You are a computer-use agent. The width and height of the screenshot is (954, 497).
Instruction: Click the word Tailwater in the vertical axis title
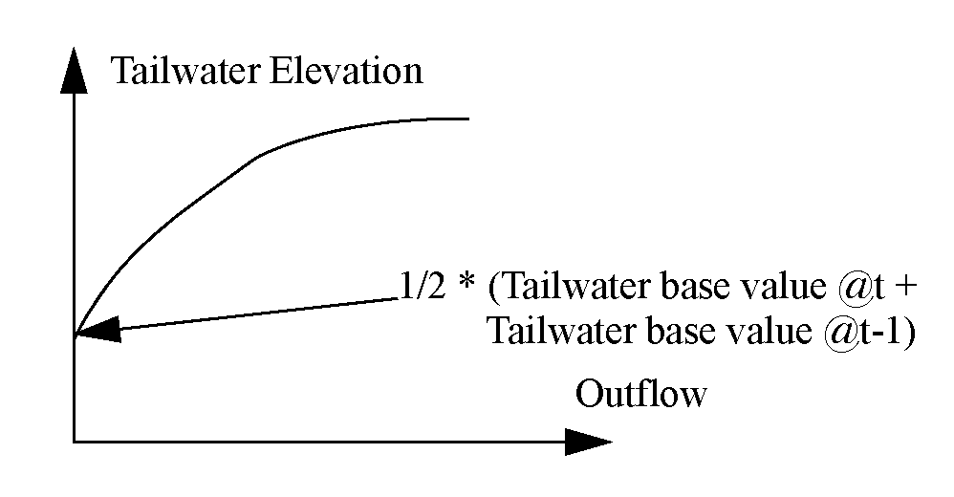point(184,72)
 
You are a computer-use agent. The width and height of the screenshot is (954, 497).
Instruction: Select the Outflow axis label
point(640,394)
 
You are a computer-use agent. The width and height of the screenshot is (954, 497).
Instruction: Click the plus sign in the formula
point(893,287)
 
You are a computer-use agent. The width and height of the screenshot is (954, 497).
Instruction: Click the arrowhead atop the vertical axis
point(73,72)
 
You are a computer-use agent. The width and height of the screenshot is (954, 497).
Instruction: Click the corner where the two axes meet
point(74,441)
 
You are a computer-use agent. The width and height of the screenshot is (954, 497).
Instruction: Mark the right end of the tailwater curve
point(467,119)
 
